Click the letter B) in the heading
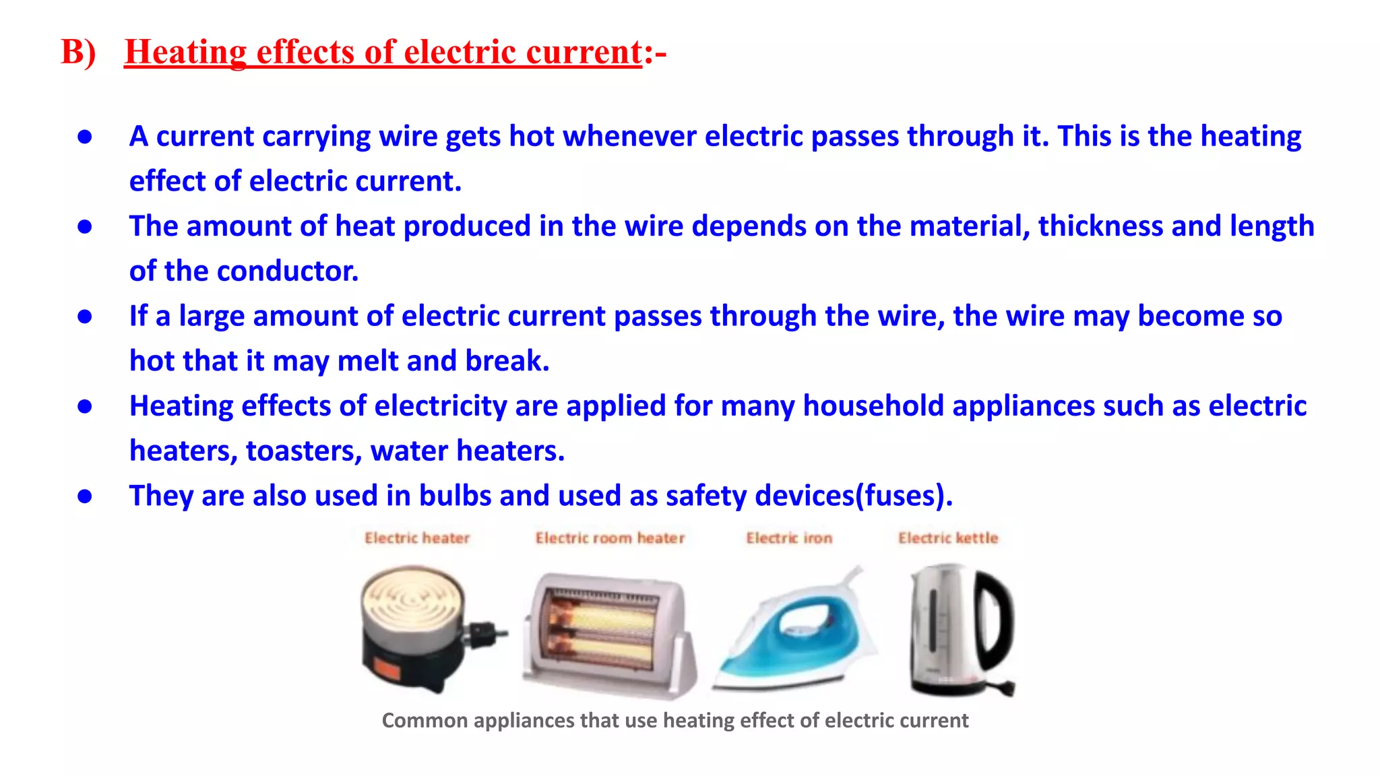click(x=78, y=52)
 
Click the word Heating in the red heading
click(x=185, y=52)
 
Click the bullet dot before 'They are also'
click(x=85, y=496)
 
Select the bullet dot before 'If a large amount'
click(x=85, y=317)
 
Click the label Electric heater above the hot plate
click(x=417, y=538)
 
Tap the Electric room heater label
click(x=610, y=538)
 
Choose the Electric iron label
click(x=789, y=538)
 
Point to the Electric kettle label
click(x=948, y=538)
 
